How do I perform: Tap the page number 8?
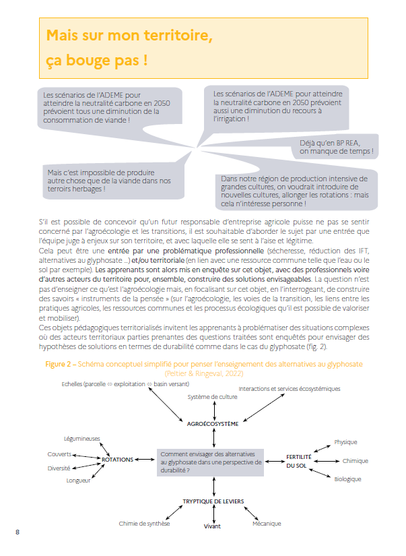[18, 532]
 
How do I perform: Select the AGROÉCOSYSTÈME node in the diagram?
[214, 425]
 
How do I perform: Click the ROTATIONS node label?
[117, 460]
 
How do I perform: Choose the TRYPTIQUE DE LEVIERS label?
[213, 501]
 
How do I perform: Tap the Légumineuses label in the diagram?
[81, 438]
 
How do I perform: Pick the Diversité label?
[59, 468]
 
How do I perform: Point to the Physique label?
[345, 442]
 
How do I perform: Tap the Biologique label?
[347, 479]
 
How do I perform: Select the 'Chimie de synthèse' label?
[144, 524]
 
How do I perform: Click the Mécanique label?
[267, 524]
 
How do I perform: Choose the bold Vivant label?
[212, 526]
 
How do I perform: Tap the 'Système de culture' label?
[213, 397]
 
